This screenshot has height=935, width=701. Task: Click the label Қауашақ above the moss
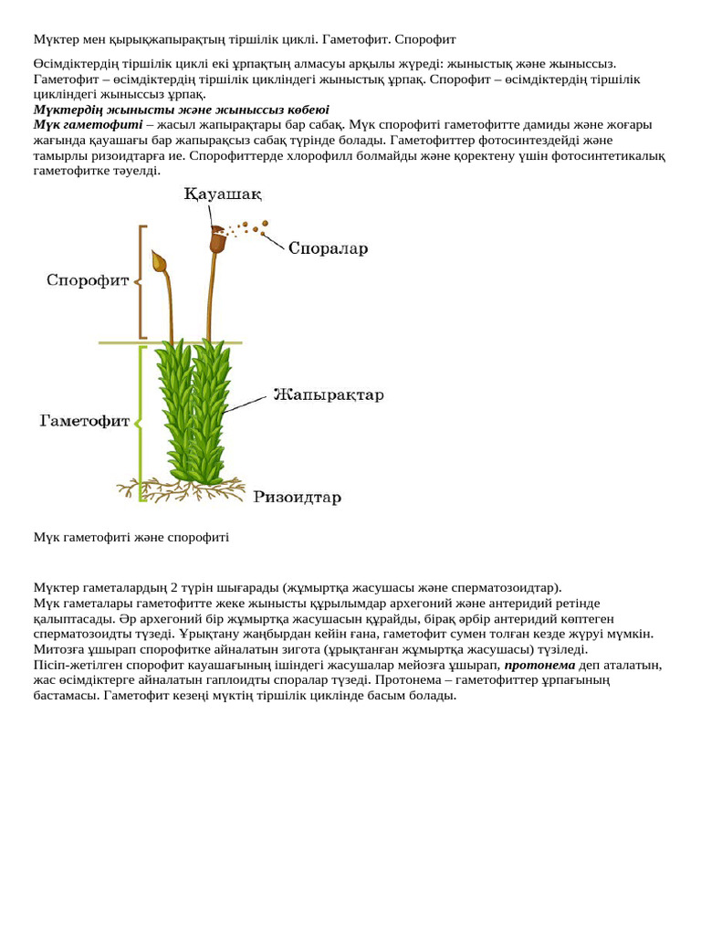point(224,194)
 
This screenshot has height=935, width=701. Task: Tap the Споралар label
point(328,247)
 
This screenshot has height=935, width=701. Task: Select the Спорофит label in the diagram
point(88,280)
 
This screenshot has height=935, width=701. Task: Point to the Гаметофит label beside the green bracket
point(86,421)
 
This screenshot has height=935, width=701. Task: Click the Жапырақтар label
point(329,395)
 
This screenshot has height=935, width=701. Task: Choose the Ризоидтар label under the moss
point(298,498)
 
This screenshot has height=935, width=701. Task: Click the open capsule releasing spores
point(217,240)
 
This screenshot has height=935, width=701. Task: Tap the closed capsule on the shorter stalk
point(160,262)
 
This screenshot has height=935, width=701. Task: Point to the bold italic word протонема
point(539,665)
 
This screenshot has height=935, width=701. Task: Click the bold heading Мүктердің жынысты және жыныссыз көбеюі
point(181,110)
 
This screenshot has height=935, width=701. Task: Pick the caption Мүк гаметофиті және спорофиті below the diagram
point(131,537)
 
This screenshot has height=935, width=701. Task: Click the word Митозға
point(59,649)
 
